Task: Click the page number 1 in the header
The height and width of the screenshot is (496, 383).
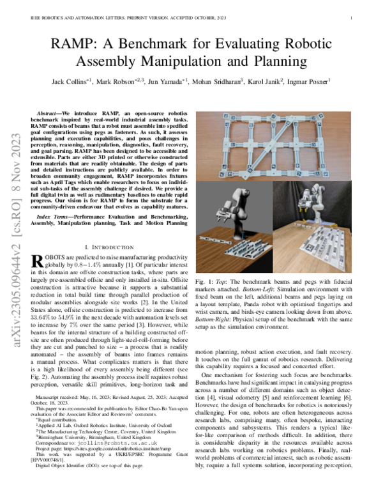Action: [352, 19]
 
